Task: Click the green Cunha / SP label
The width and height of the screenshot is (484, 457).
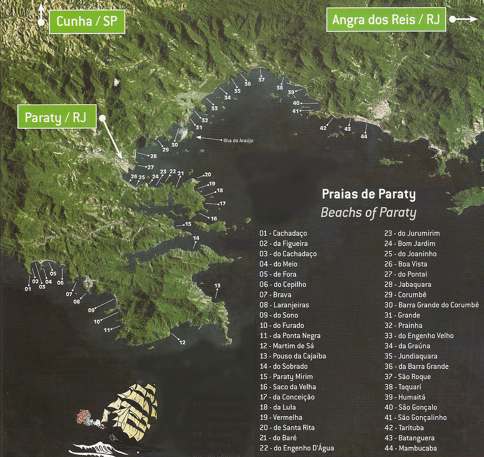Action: click(x=87, y=22)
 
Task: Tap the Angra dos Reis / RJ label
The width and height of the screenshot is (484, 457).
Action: click(x=386, y=20)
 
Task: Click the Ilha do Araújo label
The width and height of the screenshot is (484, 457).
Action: click(x=238, y=140)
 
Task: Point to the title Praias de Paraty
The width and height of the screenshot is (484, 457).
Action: click(x=369, y=194)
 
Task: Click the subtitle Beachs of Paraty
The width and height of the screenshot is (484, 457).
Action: click(x=368, y=212)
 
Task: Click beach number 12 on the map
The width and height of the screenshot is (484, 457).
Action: click(x=182, y=342)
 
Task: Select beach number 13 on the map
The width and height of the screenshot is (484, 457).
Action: click(x=217, y=286)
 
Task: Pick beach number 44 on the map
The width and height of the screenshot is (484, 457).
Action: click(x=364, y=136)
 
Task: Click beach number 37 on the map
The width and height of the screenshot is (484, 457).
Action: click(x=261, y=80)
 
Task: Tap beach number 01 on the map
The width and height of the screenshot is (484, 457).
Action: click(x=28, y=289)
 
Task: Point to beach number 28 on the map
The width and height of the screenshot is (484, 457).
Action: click(x=153, y=156)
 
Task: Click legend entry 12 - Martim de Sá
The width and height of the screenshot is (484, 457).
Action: click(x=287, y=346)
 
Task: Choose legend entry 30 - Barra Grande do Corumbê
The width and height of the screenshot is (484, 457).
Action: click(x=431, y=305)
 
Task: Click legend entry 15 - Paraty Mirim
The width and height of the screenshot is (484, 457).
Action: click(x=286, y=376)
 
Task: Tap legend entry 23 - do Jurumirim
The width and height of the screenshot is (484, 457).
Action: click(x=412, y=233)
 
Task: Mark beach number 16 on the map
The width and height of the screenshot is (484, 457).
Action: click(x=214, y=219)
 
